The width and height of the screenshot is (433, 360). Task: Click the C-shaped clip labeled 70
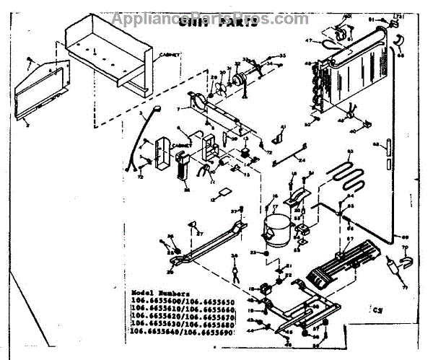pyautogui.click(x=403, y=253)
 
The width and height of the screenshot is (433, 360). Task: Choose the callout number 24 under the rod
pyautogui.click(x=302, y=160)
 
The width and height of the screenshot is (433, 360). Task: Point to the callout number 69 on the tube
pyautogui.click(x=404, y=237)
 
